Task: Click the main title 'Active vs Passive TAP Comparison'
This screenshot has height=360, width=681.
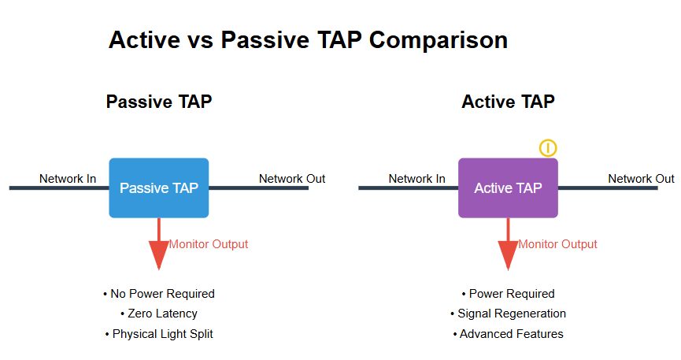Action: pos(308,40)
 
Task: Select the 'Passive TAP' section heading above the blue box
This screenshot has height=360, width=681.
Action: pos(158,102)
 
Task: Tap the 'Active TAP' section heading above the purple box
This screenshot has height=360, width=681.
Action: pos(508,102)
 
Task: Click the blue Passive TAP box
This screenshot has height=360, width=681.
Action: pos(158,187)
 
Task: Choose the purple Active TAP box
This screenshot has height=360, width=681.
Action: pos(508,187)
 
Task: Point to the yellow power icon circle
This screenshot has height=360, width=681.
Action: pos(548,148)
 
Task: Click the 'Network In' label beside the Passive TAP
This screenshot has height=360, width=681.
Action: pos(68,179)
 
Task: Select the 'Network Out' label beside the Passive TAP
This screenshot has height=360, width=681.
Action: pos(292,179)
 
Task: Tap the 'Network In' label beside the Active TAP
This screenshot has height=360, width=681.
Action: pos(416,179)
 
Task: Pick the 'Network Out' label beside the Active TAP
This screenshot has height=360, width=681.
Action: pos(641,179)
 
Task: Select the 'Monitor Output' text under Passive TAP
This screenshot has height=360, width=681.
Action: pos(209,244)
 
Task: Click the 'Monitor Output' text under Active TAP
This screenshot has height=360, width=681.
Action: pos(557,244)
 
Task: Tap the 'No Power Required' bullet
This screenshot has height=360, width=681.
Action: pos(159,294)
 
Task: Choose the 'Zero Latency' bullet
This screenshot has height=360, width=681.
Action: pos(159,314)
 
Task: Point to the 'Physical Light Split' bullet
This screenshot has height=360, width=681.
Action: pos(159,334)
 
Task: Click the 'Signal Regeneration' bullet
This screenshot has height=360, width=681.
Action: pos(508,314)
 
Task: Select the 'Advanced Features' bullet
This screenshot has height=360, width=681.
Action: pos(508,334)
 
